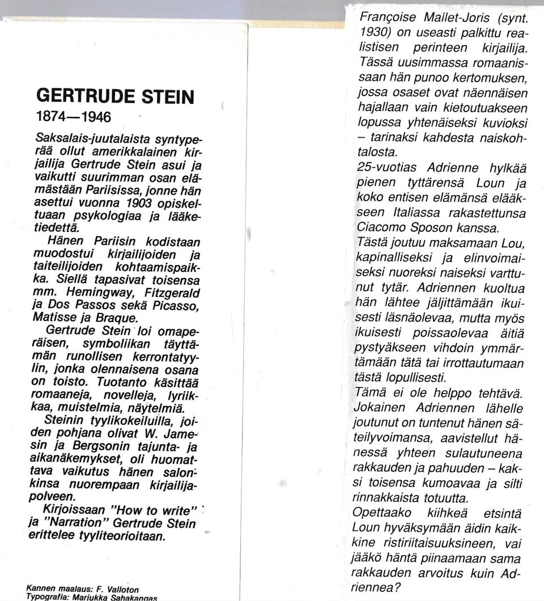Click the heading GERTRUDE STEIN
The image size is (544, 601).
(x=115, y=96)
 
